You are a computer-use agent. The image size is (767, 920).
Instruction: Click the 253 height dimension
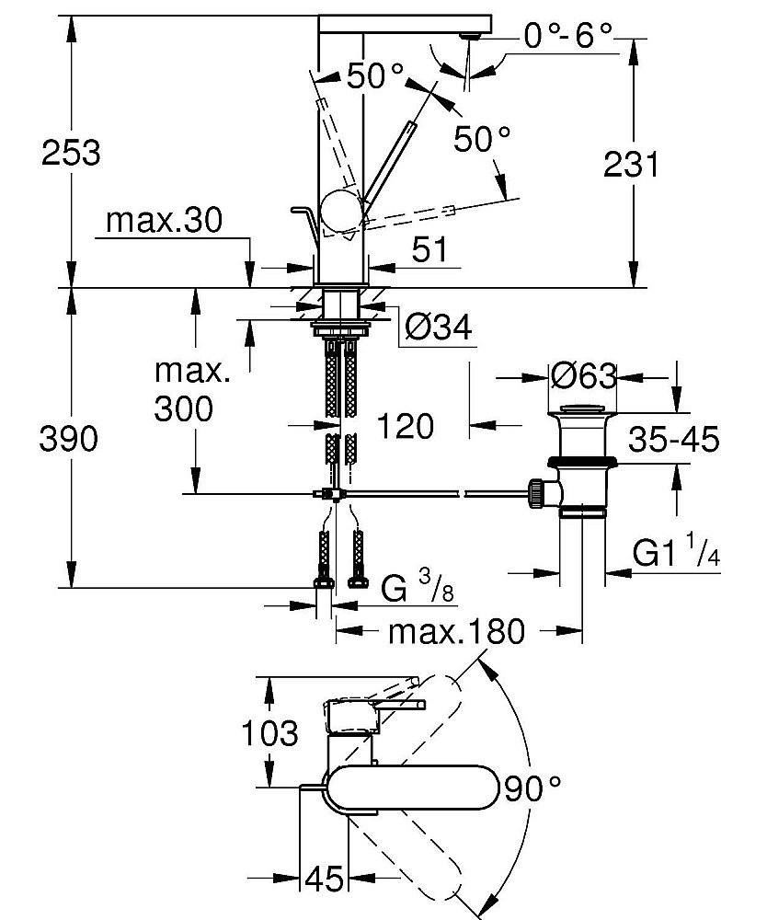[x=71, y=152]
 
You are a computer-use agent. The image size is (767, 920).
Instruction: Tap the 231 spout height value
[x=631, y=166]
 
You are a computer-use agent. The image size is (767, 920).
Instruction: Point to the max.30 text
[x=165, y=221]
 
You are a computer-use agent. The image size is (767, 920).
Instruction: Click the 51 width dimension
[x=429, y=249]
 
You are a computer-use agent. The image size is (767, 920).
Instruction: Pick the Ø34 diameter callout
[x=438, y=327]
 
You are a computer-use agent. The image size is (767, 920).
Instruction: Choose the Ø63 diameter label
[x=583, y=376]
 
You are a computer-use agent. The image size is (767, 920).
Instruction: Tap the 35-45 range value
[x=674, y=441]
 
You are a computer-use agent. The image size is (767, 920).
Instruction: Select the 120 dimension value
[x=406, y=425]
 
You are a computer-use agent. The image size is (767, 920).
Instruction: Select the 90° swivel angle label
[x=531, y=788]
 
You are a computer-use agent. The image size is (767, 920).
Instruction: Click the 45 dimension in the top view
[x=323, y=880]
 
